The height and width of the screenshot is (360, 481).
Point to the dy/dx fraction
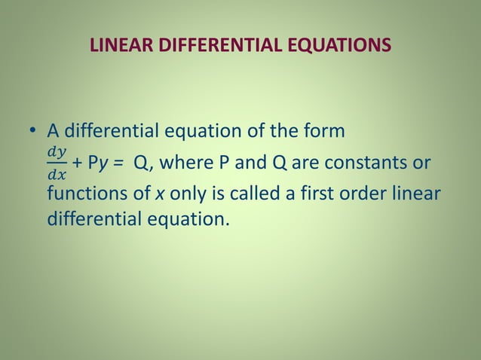point(57,163)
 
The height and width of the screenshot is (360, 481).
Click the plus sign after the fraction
point(78,163)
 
